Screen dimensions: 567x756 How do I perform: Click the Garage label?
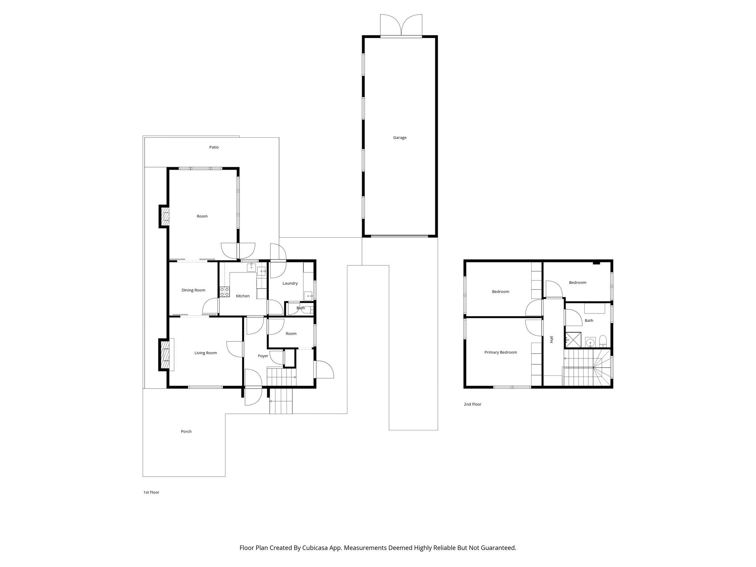(x=399, y=138)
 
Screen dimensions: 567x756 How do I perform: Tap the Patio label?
(x=214, y=147)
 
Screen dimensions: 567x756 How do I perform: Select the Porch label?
(x=186, y=432)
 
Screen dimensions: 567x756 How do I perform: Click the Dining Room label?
(x=193, y=290)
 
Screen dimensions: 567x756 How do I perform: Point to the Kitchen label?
(x=243, y=296)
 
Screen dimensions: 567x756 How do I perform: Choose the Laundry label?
(x=290, y=283)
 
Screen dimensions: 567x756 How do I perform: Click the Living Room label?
(x=206, y=353)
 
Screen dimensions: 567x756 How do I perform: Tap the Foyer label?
(x=263, y=356)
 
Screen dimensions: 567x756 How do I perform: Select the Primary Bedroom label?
(x=501, y=353)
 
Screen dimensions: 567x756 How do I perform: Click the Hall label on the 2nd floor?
(x=551, y=339)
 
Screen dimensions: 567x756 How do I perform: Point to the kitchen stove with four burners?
(x=224, y=292)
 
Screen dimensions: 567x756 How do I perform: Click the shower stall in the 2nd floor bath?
(x=573, y=340)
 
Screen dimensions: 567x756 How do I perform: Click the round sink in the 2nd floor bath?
(x=590, y=343)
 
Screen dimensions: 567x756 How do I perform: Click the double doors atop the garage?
(x=401, y=25)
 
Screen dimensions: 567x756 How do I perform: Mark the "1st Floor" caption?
(x=151, y=492)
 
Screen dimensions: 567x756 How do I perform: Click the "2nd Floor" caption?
(x=472, y=404)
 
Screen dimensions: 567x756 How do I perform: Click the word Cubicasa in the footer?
(x=316, y=547)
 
